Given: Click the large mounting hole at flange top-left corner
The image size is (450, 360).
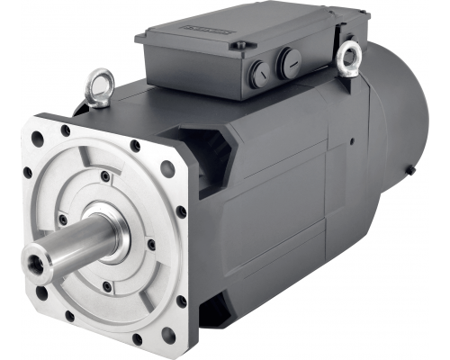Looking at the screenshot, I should [x=36, y=140].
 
